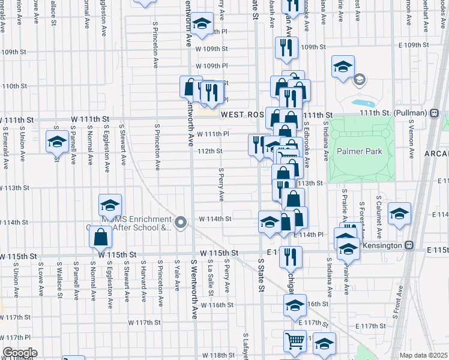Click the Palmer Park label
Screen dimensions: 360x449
359,152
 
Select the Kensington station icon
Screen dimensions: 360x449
409,245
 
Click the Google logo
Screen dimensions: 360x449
19,353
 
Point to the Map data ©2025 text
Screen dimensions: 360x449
423,355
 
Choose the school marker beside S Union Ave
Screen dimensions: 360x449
57,142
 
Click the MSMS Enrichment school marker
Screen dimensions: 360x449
110,205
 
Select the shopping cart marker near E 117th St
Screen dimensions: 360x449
295,341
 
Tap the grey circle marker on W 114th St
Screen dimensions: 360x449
181,222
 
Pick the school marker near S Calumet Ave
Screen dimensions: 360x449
399,214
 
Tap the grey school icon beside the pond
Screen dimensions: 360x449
360,79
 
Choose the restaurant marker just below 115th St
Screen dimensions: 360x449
291,256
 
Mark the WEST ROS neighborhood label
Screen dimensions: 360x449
243,114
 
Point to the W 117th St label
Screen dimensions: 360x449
145,322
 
